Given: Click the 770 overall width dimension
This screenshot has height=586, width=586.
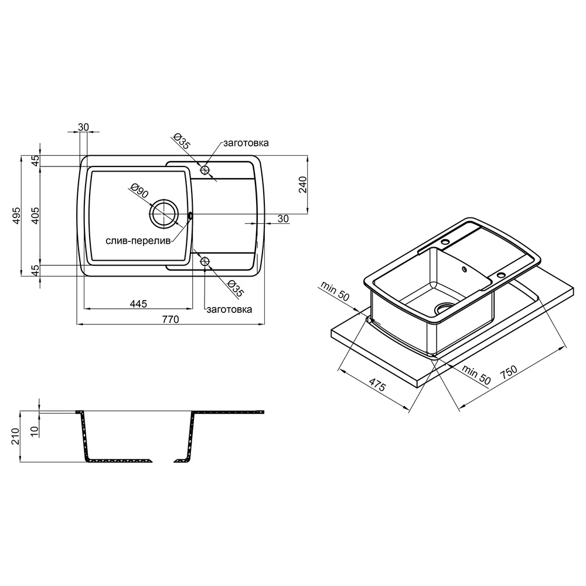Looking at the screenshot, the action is [171, 319].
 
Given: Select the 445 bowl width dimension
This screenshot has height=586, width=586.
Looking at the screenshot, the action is [138, 304].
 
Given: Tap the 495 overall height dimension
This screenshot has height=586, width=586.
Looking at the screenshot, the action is [16, 216].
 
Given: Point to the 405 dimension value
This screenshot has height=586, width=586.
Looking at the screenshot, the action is [35, 216].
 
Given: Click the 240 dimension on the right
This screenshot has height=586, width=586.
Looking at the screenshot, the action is [302, 185].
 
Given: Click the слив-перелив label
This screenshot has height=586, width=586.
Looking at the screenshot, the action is [138, 241].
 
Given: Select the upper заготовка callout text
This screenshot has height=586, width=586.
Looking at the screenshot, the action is [246, 143].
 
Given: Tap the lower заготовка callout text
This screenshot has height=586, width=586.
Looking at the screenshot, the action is [229, 309].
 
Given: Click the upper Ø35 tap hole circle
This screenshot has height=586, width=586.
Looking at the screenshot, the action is [205, 170].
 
